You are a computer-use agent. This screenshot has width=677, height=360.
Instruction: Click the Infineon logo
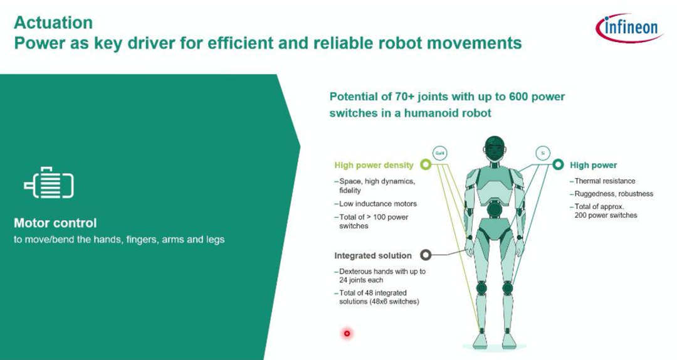pos(629,28)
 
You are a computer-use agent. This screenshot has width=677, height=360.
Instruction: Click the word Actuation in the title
pos(53,23)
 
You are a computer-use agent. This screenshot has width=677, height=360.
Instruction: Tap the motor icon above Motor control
pos(49,183)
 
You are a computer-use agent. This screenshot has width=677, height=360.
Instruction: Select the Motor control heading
pos(55,223)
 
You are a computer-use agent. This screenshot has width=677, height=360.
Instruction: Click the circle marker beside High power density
pos(426,165)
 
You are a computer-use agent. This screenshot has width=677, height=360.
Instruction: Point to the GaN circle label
pos(440,153)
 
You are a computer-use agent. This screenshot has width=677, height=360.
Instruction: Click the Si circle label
pos(543,153)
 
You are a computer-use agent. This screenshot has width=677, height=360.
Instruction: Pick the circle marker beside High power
pos(559,165)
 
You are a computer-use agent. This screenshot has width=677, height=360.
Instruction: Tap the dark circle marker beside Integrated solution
pos(426,255)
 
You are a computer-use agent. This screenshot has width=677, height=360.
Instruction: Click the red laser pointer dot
pos(347,333)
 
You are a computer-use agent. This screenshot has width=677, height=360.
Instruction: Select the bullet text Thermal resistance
pos(605,181)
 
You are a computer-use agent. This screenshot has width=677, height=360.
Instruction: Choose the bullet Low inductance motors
pos(378,204)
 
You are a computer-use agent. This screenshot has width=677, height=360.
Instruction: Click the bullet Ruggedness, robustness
pos(614,194)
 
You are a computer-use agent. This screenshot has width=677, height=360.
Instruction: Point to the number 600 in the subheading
pos(518,97)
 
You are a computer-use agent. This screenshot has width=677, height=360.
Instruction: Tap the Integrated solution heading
pos(373,255)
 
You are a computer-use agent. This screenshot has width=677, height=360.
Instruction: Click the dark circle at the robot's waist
pos(495,209)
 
